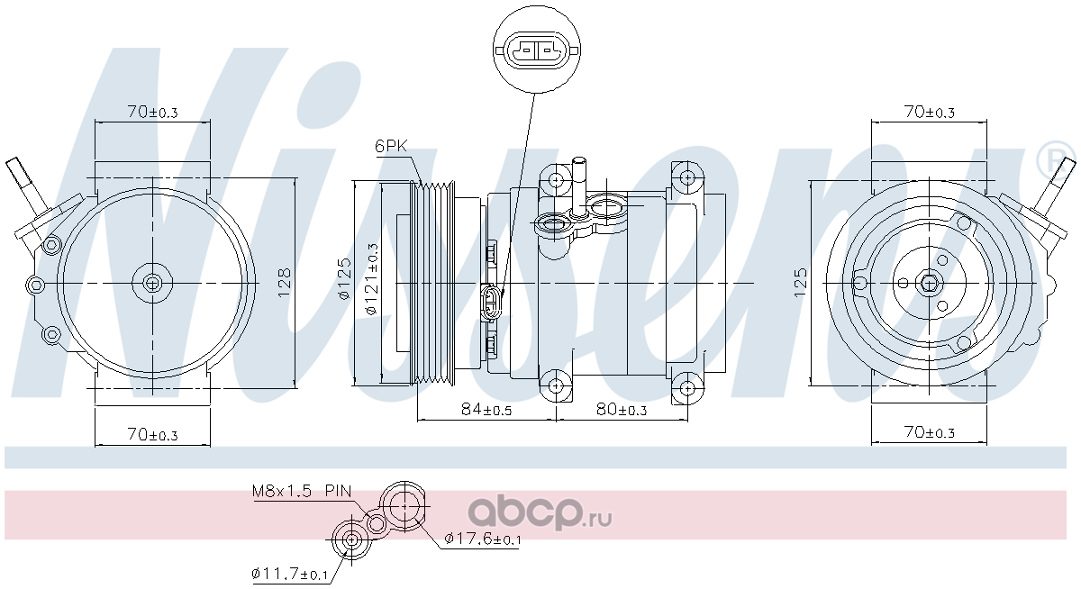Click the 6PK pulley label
pos(391,146)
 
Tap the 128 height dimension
pos(285,282)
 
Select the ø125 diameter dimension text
pos(344,279)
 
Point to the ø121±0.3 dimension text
pos(372,279)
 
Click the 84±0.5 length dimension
pos(486,410)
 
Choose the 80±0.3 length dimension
pos(622,410)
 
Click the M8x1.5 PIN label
pos(302,491)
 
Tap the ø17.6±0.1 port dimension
pos(483,539)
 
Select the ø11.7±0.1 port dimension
pos(289,574)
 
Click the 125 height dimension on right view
pos(800,282)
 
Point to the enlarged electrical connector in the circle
pos(537,50)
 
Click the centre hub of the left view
pos(152,283)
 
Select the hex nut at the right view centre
pos(929,283)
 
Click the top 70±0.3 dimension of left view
pos(152,112)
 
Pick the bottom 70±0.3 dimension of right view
pos(930,431)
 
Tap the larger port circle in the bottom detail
pos(404,506)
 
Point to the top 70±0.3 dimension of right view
pos(930,112)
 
